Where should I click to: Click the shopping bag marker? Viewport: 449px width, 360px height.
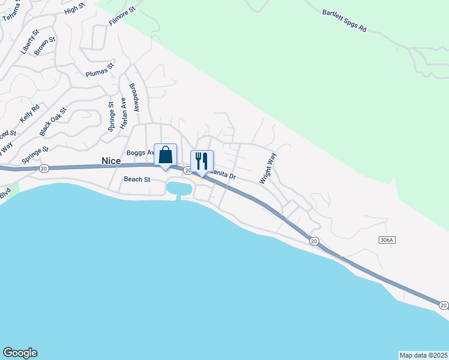166,155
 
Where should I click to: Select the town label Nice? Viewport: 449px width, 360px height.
111,161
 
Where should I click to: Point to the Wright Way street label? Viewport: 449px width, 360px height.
268,168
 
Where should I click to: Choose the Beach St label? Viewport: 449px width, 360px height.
137,179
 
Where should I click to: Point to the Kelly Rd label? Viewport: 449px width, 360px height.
30,113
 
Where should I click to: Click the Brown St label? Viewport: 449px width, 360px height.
45,46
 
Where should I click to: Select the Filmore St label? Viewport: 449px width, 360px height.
122,15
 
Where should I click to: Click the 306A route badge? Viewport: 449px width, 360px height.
387,240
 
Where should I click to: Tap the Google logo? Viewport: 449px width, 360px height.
20,353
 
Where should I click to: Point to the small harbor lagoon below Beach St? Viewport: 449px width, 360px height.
180,189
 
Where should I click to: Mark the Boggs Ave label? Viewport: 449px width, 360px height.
140,152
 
